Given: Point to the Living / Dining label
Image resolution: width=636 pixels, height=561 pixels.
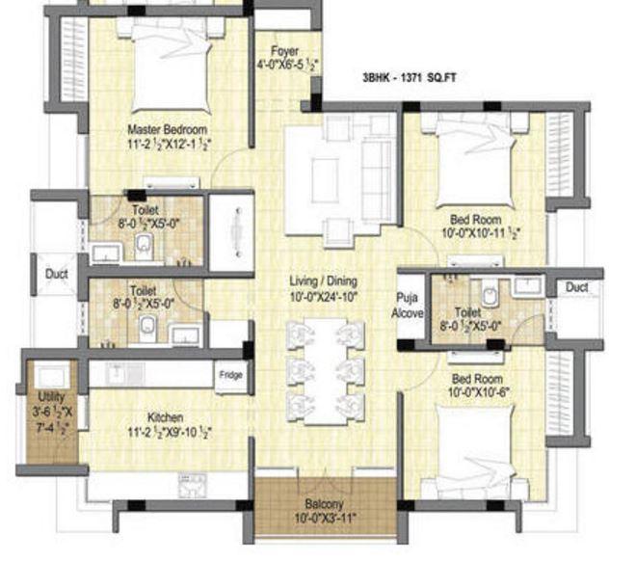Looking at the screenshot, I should pos(324,281).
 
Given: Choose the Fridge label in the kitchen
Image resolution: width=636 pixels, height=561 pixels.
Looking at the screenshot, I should pos(230,375).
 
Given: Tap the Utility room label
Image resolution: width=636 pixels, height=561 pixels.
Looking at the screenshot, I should pos(49,397).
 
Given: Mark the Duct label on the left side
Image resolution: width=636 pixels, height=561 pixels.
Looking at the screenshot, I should pos(56,274).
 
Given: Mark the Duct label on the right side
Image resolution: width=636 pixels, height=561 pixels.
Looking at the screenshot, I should pos(577,287).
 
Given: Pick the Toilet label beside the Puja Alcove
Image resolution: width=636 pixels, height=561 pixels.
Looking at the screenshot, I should pos(467,312).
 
